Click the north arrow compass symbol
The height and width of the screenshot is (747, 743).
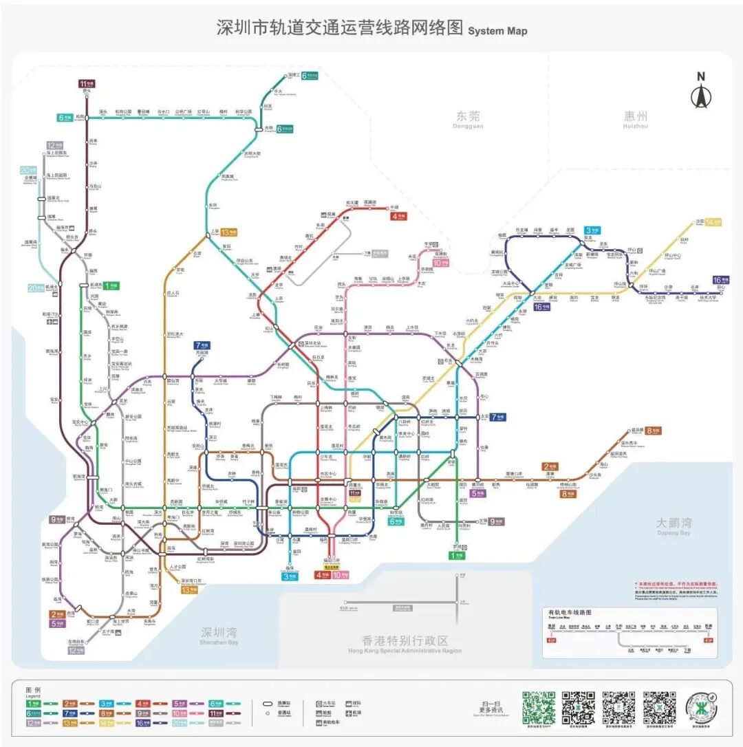coord(701,91)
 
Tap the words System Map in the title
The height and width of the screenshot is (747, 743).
coord(497,31)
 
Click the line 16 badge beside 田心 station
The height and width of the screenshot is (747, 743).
coord(720,279)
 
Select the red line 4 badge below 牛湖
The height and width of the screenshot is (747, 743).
coord(400,216)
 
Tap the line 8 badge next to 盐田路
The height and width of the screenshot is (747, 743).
coord(654,431)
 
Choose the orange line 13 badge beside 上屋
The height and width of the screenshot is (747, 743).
coord(229,232)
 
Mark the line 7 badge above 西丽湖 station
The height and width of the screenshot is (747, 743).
coord(202,345)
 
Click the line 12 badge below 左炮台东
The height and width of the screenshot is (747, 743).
coord(76,650)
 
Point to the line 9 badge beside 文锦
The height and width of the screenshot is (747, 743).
coord(496,521)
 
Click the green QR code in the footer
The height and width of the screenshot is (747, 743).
coord(538,708)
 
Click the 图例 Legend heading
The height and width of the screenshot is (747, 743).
coord(33,690)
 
